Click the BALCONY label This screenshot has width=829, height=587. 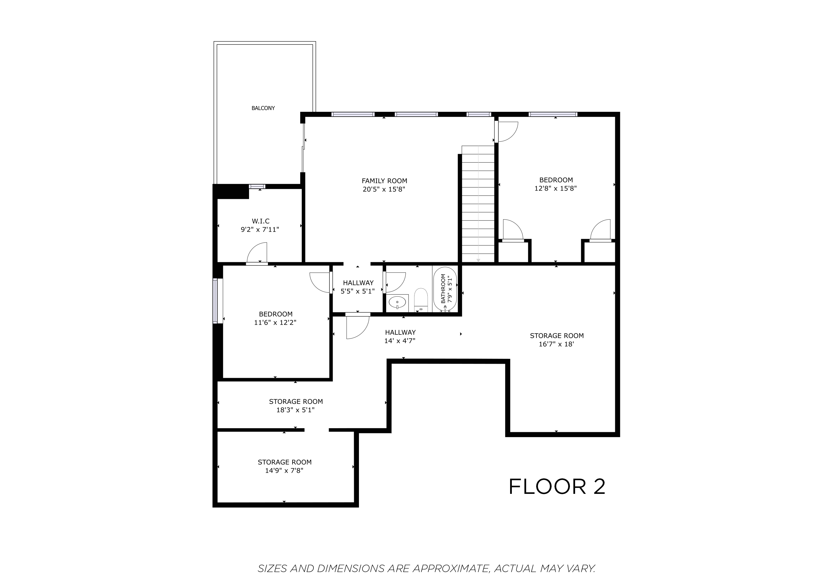pyautogui.click(x=263, y=108)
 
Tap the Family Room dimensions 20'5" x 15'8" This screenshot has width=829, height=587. pyautogui.click(x=384, y=189)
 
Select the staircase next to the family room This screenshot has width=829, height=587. pyautogui.click(x=478, y=204)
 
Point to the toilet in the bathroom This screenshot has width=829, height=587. pyautogui.click(x=421, y=300)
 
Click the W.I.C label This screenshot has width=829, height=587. pyautogui.click(x=260, y=221)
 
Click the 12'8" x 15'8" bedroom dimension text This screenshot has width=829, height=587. pyautogui.click(x=555, y=188)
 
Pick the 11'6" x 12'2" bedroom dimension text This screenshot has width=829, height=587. pyautogui.click(x=275, y=322)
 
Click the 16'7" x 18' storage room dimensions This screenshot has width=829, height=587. pyautogui.click(x=556, y=344)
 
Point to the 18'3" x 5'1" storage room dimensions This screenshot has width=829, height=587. pyautogui.click(x=295, y=410)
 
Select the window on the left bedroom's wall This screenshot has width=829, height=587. pyautogui.click(x=216, y=301)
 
